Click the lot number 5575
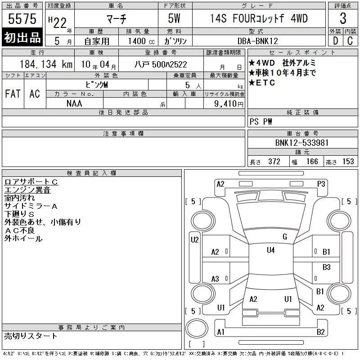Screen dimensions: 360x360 point(22,19)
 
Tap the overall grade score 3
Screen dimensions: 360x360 point(343,18)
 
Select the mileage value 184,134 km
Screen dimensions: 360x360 point(46,64)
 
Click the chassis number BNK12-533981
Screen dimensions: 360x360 point(302,143)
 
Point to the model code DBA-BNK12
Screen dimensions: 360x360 point(257,41)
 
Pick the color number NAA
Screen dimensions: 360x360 point(74,103)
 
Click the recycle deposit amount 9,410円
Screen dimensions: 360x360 point(229,104)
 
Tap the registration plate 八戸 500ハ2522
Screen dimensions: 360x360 point(161,64)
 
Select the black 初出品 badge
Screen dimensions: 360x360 point(22,37)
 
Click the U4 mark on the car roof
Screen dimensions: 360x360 point(271,250)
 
